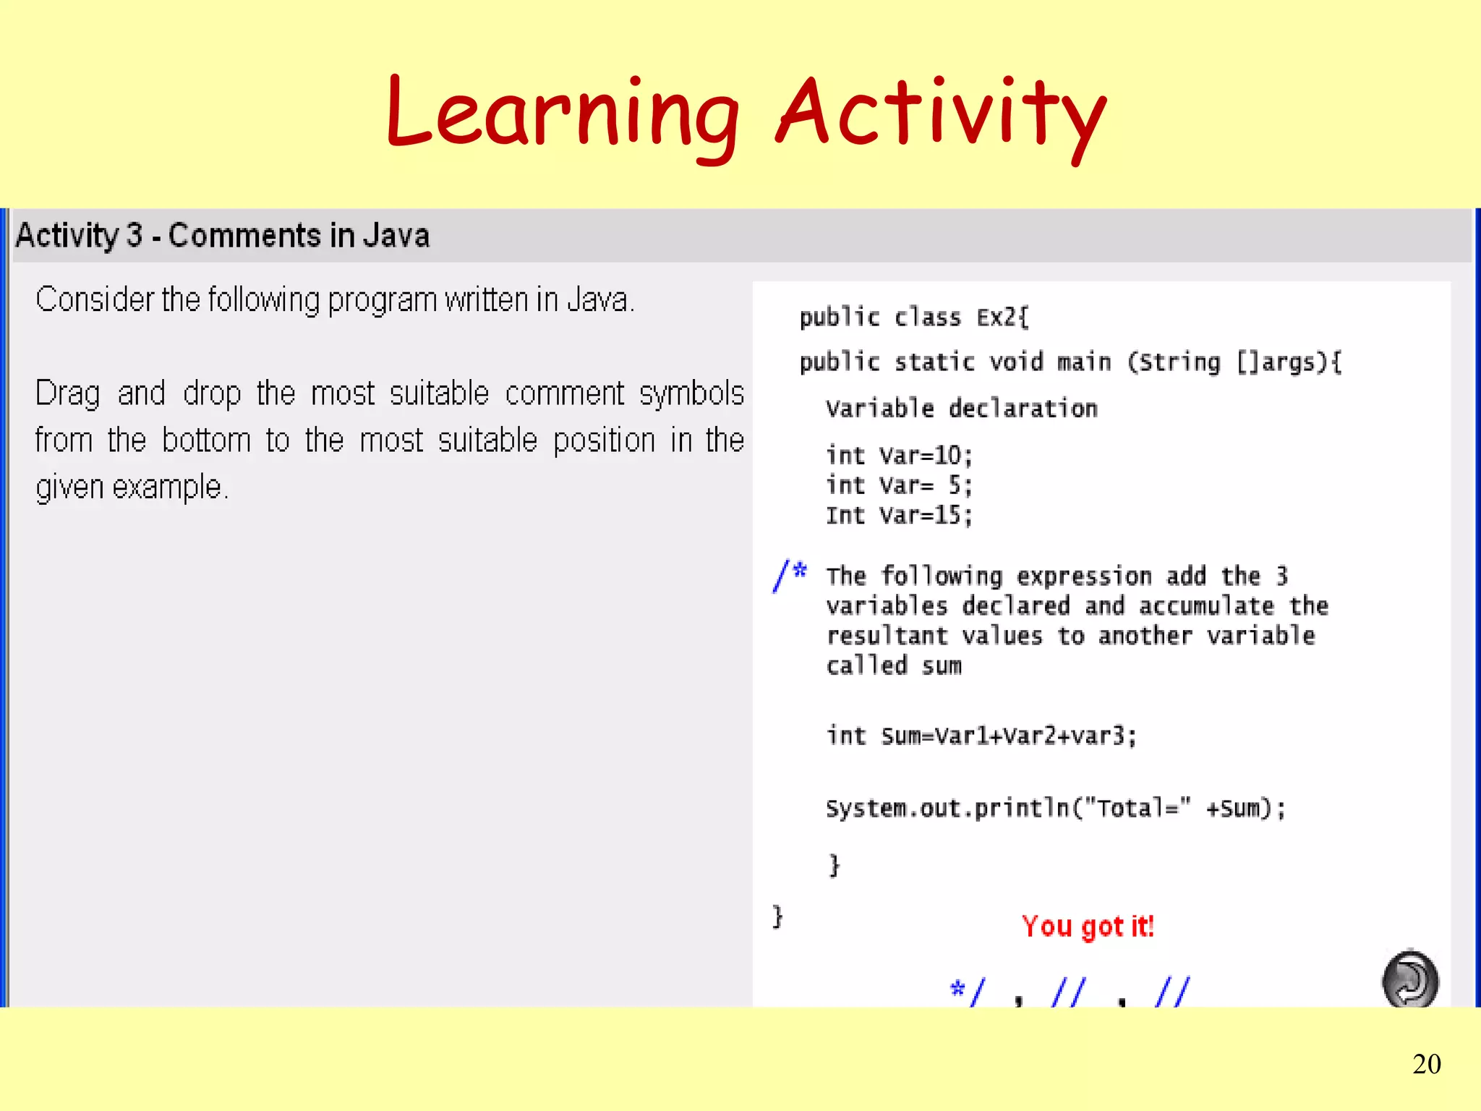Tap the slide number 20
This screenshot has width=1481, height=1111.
(1426, 1064)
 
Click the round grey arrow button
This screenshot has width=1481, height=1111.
(1409, 979)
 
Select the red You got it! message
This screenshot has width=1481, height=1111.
(1087, 926)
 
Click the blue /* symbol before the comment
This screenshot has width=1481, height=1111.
(789, 576)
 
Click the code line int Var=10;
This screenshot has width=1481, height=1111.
(899, 456)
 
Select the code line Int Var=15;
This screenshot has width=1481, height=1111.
(899, 516)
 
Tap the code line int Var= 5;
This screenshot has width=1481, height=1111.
(899, 485)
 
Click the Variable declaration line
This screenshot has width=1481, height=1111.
(961, 409)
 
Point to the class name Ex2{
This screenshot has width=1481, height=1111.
(1002, 318)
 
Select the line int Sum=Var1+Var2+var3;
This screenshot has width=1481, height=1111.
(981, 736)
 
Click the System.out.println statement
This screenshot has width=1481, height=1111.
(1055, 808)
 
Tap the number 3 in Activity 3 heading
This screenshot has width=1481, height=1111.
(135, 236)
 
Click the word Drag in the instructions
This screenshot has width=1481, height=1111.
(68, 394)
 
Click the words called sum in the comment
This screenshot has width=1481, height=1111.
(894, 665)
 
